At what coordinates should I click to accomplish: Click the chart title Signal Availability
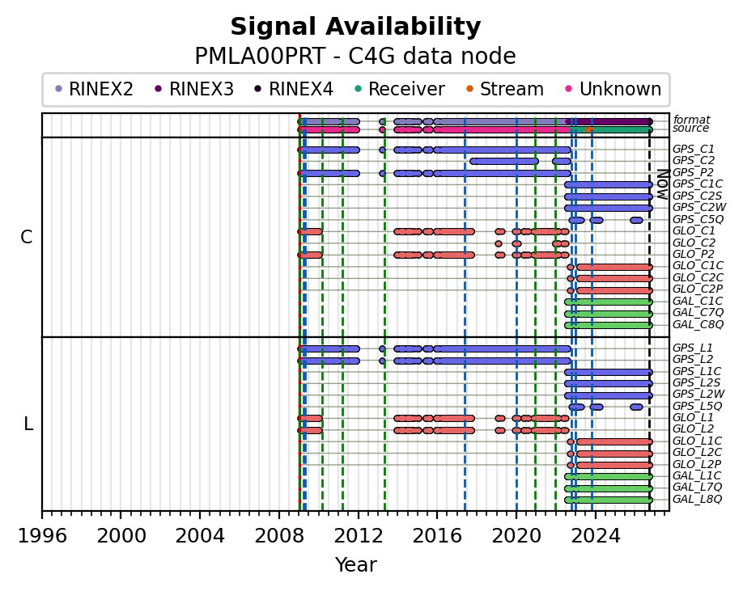pyautogui.click(x=355, y=27)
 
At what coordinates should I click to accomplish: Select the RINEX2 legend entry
pyautogui.click(x=95, y=89)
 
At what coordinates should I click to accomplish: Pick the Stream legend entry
pyautogui.click(x=505, y=89)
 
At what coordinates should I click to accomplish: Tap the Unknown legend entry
pyautogui.click(x=614, y=89)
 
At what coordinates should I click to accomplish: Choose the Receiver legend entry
pyautogui.click(x=400, y=89)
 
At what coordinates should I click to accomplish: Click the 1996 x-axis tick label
pyautogui.click(x=42, y=536)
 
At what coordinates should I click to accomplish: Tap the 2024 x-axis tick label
pyautogui.click(x=596, y=536)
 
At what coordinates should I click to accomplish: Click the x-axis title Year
pyautogui.click(x=356, y=564)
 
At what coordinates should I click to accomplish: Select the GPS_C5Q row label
pyautogui.click(x=698, y=219)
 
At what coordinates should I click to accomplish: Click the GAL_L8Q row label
pyautogui.click(x=697, y=499)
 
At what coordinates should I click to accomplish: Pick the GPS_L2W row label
pyautogui.click(x=698, y=394)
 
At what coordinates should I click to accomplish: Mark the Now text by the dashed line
pyautogui.click(x=662, y=184)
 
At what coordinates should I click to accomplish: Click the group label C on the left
pyautogui.click(x=27, y=237)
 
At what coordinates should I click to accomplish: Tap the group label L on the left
pyautogui.click(x=28, y=424)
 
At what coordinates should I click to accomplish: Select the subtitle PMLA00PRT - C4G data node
pyautogui.click(x=355, y=57)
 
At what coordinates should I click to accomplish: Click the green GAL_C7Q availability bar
pyautogui.click(x=609, y=314)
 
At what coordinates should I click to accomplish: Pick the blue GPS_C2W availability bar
pyautogui.click(x=609, y=209)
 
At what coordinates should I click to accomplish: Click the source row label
pyautogui.click(x=690, y=129)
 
